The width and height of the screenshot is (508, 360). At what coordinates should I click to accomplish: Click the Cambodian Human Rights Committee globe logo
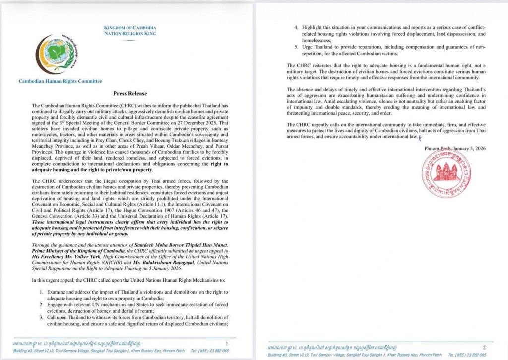(x=55, y=55)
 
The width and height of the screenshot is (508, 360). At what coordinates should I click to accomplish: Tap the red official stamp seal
(x=446, y=174)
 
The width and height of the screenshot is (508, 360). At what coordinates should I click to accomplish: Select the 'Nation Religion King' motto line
(x=130, y=33)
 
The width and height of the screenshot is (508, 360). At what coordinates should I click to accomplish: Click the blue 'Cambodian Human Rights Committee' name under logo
(x=60, y=81)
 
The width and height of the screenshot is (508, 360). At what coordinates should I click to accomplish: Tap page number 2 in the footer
(x=485, y=347)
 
